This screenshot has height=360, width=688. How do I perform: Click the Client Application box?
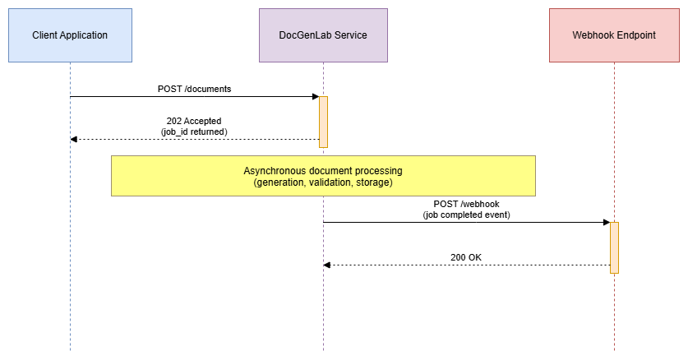(70, 35)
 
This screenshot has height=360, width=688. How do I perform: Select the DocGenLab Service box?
(323, 35)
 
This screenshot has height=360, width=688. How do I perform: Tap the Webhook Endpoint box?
(613, 35)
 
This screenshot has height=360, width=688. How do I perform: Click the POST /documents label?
(195, 88)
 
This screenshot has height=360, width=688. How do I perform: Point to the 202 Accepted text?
(194, 121)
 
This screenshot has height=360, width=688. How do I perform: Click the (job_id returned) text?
(194, 132)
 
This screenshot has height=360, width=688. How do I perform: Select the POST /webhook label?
(466, 204)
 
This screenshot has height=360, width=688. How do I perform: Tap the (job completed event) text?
(466, 215)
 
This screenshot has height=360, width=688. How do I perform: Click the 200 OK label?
(466, 257)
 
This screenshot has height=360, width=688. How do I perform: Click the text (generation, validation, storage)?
(323, 182)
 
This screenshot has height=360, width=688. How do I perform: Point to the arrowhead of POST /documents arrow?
(315, 97)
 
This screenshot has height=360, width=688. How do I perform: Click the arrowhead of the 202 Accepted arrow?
(74, 139)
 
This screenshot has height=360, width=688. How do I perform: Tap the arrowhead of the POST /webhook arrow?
(606, 222)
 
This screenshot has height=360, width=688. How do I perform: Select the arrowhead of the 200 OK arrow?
(327, 265)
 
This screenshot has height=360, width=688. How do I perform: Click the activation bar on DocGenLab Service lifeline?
(323, 122)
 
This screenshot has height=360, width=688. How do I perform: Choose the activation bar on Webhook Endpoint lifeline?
(614, 247)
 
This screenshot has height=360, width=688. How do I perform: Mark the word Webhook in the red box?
(591, 35)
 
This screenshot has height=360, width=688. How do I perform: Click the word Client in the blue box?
(45, 35)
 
